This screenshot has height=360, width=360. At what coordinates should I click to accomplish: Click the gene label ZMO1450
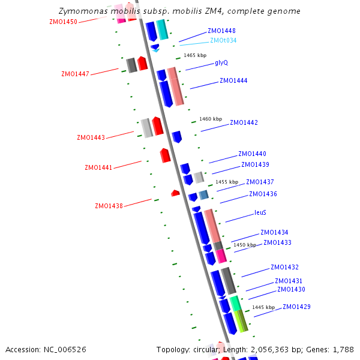(63, 22)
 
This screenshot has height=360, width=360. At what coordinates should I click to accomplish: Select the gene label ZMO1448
(221, 31)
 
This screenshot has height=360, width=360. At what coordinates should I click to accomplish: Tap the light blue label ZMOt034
(223, 40)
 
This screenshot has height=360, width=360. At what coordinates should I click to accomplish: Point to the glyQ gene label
(221, 62)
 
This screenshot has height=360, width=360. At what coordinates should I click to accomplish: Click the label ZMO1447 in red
(75, 74)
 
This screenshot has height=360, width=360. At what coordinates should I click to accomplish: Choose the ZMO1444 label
(233, 80)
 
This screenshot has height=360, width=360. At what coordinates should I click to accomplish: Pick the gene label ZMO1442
(244, 122)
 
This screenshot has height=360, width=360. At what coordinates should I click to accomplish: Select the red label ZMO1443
(91, 137)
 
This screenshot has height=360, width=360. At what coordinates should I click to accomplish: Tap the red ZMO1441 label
(98, 167)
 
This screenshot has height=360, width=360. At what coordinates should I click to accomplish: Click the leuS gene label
(260, 212)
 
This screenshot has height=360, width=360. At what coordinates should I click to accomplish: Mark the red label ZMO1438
(109, 206)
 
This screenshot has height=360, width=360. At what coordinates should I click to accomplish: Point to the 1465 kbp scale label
(195, 55)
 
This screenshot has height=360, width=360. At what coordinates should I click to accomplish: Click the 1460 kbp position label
(211, 119)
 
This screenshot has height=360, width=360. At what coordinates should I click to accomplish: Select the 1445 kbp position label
(263, 307)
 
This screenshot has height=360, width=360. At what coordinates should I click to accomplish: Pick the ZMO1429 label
(296, 307)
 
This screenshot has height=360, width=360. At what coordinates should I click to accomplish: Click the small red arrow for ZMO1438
(175, 193)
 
